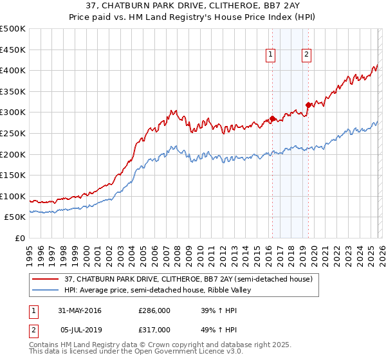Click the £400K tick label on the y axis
pyautogui.click(x=13, y=70)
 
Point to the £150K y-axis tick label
pyautogui.click(x=13, y=175)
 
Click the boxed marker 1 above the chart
pyautogui.click(x=271, y=55)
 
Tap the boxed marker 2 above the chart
pyautogui.click(x=306, y=55)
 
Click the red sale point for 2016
pyautogui.click(x=272, y=118)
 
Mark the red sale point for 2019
pyautogui.click(x=308, y=105)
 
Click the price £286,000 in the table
pyautogui.click(x=154, y=311)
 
